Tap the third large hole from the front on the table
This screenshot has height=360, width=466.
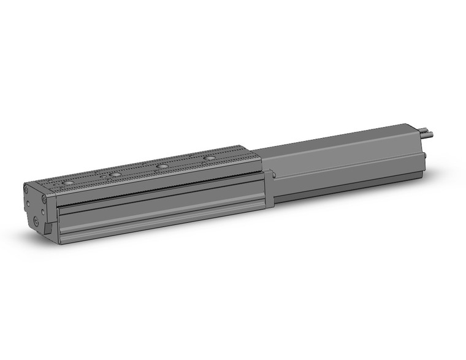pyautogui.click(x=162, y=166)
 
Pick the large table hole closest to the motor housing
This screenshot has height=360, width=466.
pyautogui.click(x=210, y=158)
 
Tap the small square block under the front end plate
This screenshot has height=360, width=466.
pyautogui.click(x=47, y=228)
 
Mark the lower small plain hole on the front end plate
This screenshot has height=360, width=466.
pyautogui.click(x=28, y=209)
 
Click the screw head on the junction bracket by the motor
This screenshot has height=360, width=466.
pyautogui.click(x=273, y=177)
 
